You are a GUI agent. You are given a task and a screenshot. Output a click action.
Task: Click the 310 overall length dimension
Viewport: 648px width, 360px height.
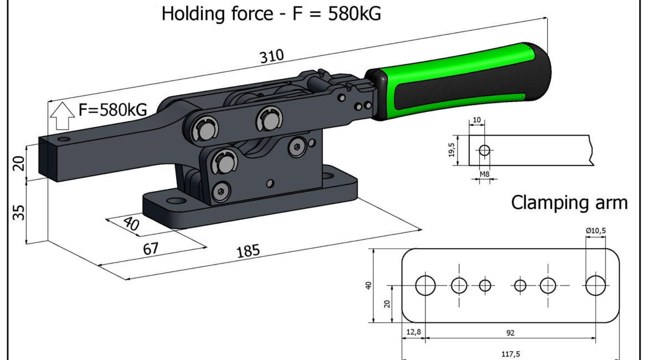(273, 56)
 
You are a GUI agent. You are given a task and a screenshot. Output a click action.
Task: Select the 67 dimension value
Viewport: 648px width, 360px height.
(150, 249)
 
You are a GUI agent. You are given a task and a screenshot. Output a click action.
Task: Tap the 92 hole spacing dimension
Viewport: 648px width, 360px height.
(511, 333)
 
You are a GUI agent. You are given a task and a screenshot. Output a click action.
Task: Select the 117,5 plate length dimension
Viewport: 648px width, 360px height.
(511, 352)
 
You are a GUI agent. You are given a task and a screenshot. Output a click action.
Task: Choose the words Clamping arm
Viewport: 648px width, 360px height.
(569, 203)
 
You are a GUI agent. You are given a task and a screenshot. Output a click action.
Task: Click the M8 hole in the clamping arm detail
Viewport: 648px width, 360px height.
(485, 150)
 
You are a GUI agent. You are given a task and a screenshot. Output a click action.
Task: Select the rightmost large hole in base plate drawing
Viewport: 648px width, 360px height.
(596, 285)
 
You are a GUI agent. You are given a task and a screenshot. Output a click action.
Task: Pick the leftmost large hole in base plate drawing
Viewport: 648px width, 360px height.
(426, 285)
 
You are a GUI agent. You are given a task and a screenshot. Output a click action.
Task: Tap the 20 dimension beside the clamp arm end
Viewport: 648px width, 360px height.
(19, 163)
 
